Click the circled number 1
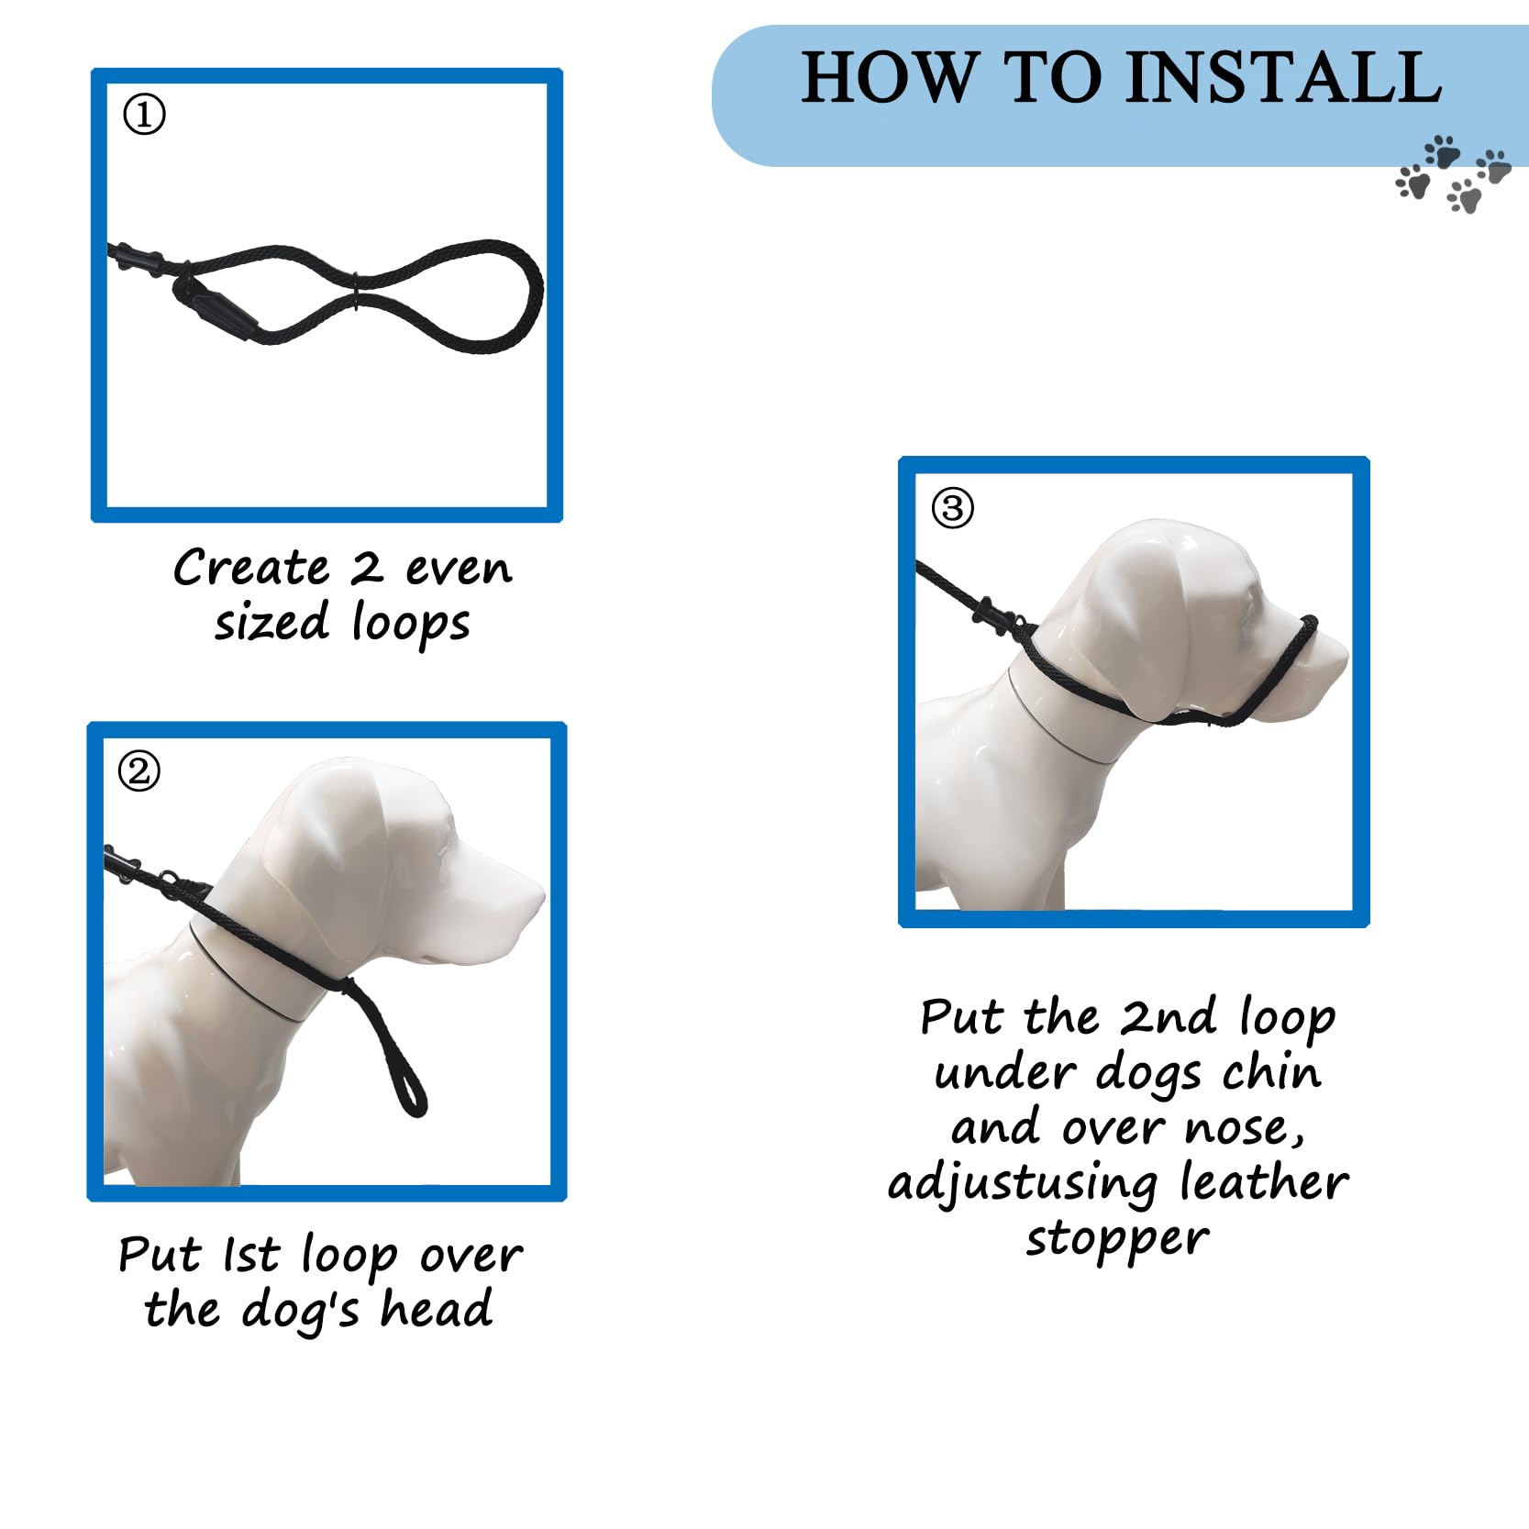144,115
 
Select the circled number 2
139,771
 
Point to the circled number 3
952,507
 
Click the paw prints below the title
1451,174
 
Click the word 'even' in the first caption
459,570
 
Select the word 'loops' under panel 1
411,624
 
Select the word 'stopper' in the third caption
1117,1239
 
